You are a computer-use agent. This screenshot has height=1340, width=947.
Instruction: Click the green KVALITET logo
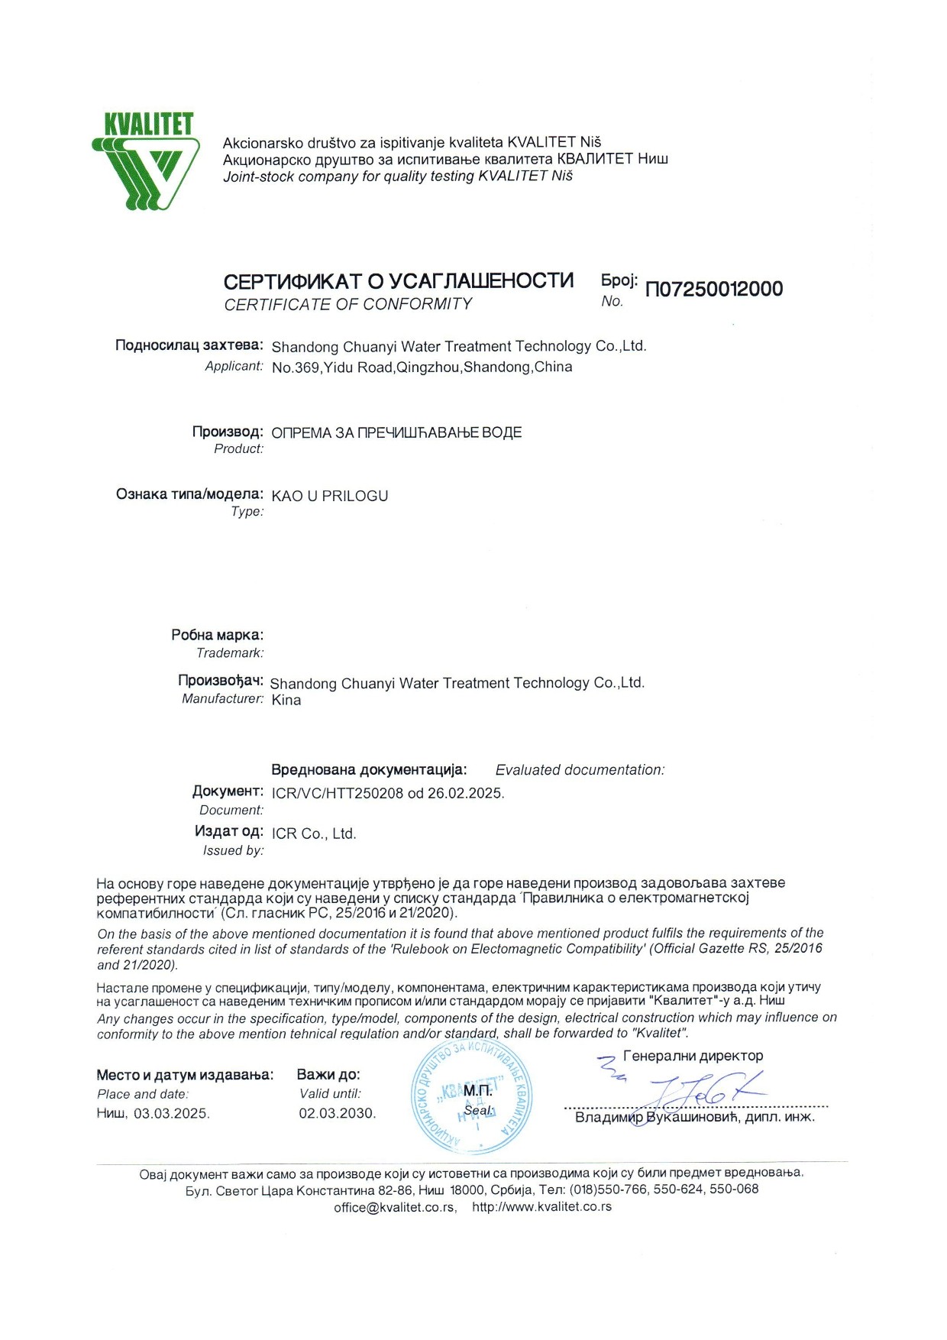pos(146,160)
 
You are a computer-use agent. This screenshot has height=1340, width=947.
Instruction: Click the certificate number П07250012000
pos(714,290)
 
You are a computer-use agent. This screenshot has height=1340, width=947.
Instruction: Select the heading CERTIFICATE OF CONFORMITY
pos(348,304)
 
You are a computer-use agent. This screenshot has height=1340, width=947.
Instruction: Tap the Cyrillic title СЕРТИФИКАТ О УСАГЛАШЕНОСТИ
pos(398,281)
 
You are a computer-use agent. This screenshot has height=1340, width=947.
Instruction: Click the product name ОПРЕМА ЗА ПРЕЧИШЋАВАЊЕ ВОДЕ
pos(396,433)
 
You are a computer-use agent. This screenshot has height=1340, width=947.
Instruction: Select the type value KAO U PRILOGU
pos(330,496)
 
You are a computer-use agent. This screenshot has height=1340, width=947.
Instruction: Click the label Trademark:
pos(230,653)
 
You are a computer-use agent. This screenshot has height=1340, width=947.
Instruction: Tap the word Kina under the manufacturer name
pos(286,701)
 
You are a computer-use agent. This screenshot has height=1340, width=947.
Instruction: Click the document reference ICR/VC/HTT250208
pos(337,793)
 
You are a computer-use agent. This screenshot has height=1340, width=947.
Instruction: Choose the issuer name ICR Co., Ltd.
pos(314,833)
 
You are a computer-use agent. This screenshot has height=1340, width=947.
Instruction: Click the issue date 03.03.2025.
pos(171,1114)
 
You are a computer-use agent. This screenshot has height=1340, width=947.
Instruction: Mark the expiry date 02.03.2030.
pos(338,1114)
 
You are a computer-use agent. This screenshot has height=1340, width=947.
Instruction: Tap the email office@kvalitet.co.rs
pos(395,1208)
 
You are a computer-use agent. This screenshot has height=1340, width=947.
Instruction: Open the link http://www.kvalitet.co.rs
pos(541,1208)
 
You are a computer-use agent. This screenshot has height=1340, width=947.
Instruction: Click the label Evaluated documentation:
pos(580,770)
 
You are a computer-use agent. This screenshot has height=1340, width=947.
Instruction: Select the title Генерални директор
pos(693,1056)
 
